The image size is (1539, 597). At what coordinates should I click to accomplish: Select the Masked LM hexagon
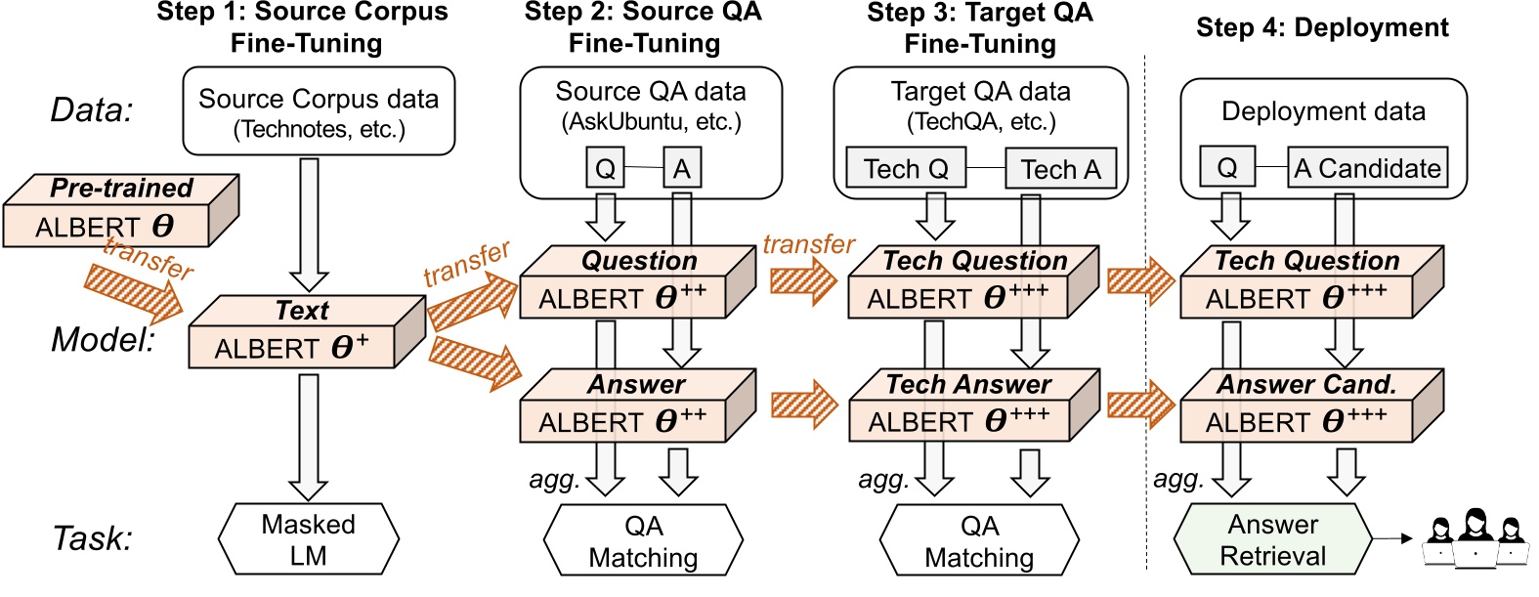click(x=308, y=539)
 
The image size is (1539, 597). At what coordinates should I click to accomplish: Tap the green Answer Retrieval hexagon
click(x=1272, y=539)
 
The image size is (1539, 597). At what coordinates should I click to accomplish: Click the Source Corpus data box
click(x=319, y=111)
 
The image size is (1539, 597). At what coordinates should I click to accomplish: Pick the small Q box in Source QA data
click(x=605, y=169)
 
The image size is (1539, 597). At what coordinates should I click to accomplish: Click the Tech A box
click(x=1060, y=169)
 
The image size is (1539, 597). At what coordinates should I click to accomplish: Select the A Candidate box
click(x=1366, y=168)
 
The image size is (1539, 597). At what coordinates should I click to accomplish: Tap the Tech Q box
click(x=906, y=169)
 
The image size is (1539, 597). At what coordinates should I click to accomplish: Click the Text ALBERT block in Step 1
click(x=293, y=335)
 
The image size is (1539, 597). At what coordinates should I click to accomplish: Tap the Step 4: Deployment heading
click(x=1321, y=27)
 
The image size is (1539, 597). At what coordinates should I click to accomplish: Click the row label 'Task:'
click(x=92, y=538)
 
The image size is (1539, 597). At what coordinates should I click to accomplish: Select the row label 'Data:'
click(x=92, y=110)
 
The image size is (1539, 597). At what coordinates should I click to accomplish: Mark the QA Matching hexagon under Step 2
click(x=643, y=540)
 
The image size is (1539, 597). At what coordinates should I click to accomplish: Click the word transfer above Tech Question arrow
click(x=808, y=243)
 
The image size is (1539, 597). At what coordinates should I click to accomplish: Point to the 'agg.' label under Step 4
click(x=1178, y=479)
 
